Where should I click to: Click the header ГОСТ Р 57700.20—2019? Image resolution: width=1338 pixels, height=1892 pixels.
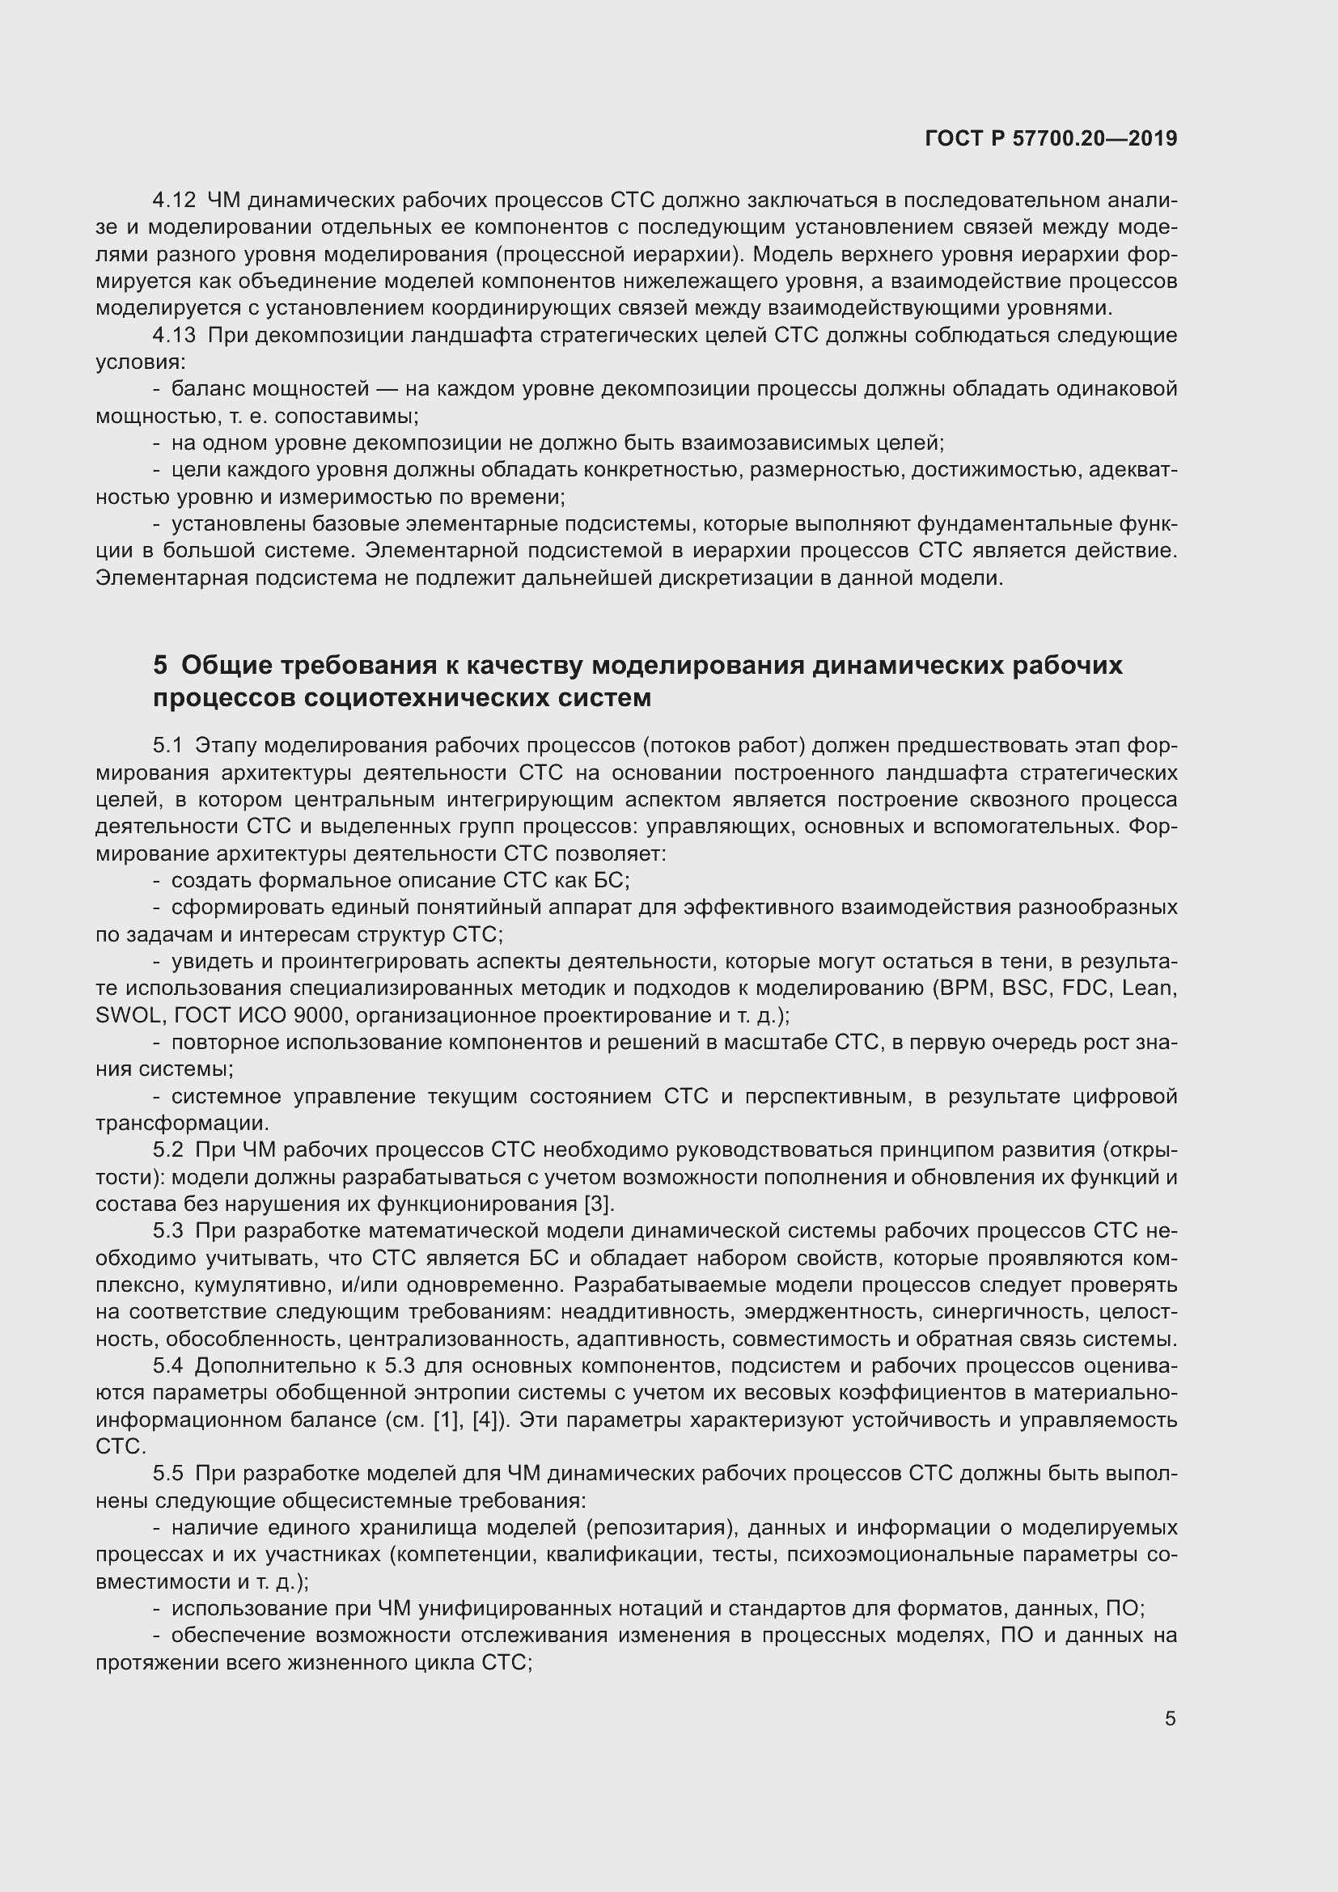(x=1052, y=138)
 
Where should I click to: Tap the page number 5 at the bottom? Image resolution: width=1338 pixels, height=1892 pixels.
(x=1170, y=1719)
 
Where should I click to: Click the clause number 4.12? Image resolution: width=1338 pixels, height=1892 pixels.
(x=175, y=201)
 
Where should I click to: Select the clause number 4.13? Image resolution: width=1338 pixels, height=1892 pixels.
(x=175, y=336)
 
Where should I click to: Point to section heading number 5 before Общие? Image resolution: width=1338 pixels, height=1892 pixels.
(x=160, y=665)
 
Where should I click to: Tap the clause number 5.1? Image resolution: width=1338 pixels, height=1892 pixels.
(x=167, y=746)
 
